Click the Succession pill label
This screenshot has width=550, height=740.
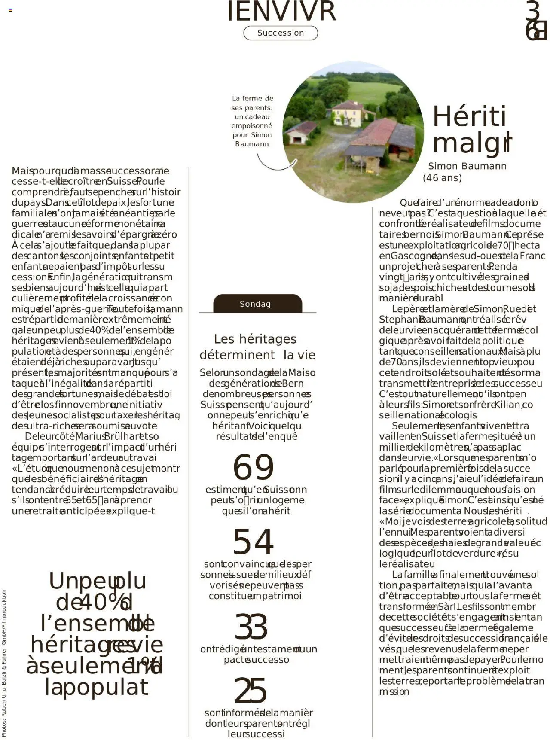281,33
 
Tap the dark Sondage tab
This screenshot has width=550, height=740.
257,304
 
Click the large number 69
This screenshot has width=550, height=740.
253,467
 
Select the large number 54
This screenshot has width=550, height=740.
253,542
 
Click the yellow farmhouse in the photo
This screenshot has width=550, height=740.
347,114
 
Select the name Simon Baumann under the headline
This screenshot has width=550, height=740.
467,166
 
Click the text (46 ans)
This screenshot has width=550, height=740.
442,178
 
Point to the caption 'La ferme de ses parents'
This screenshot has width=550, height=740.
252,121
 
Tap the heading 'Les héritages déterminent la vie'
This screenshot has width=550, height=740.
257,347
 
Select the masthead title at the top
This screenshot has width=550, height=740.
281,12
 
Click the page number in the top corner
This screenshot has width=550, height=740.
535,21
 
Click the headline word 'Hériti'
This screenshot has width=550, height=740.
469,116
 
